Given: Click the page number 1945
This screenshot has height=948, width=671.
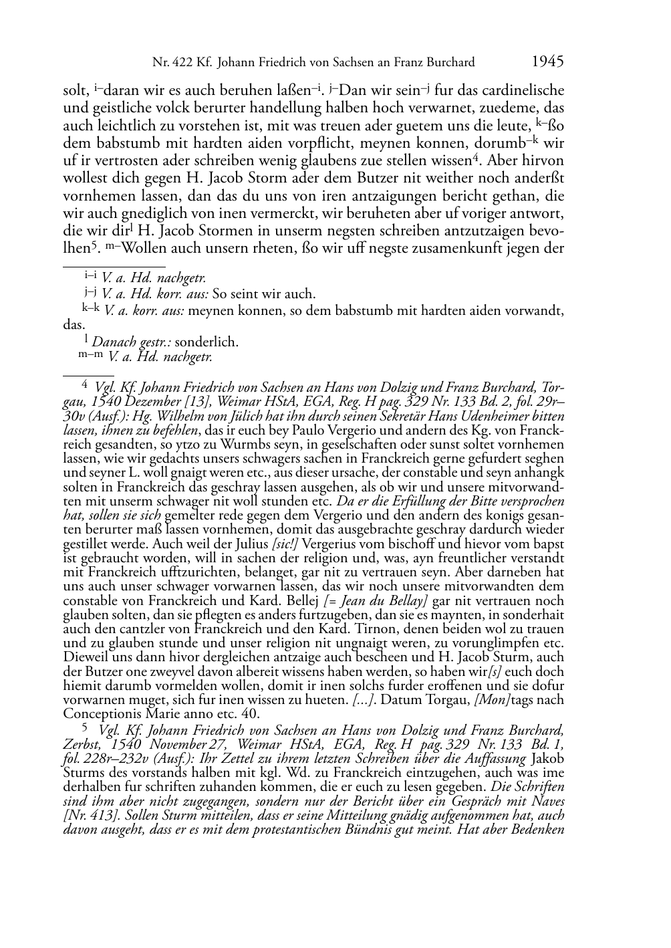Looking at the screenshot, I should pyautogui.click(x=548, y=62).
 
